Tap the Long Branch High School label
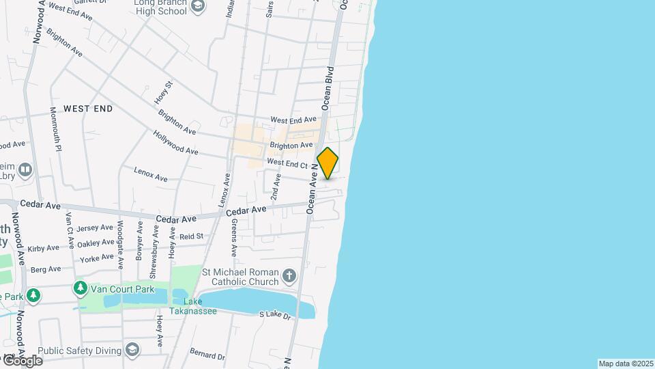point(160,7)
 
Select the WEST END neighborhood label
point(88,109)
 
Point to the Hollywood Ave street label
point(175,142)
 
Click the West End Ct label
point(288,163)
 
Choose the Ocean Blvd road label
point(327,89)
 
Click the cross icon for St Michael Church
point(290,276)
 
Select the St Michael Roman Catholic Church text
point(241,277)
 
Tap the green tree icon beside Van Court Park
point(81,288)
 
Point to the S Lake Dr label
point(275,314)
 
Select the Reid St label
point(191,236)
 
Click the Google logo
point(22,360)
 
